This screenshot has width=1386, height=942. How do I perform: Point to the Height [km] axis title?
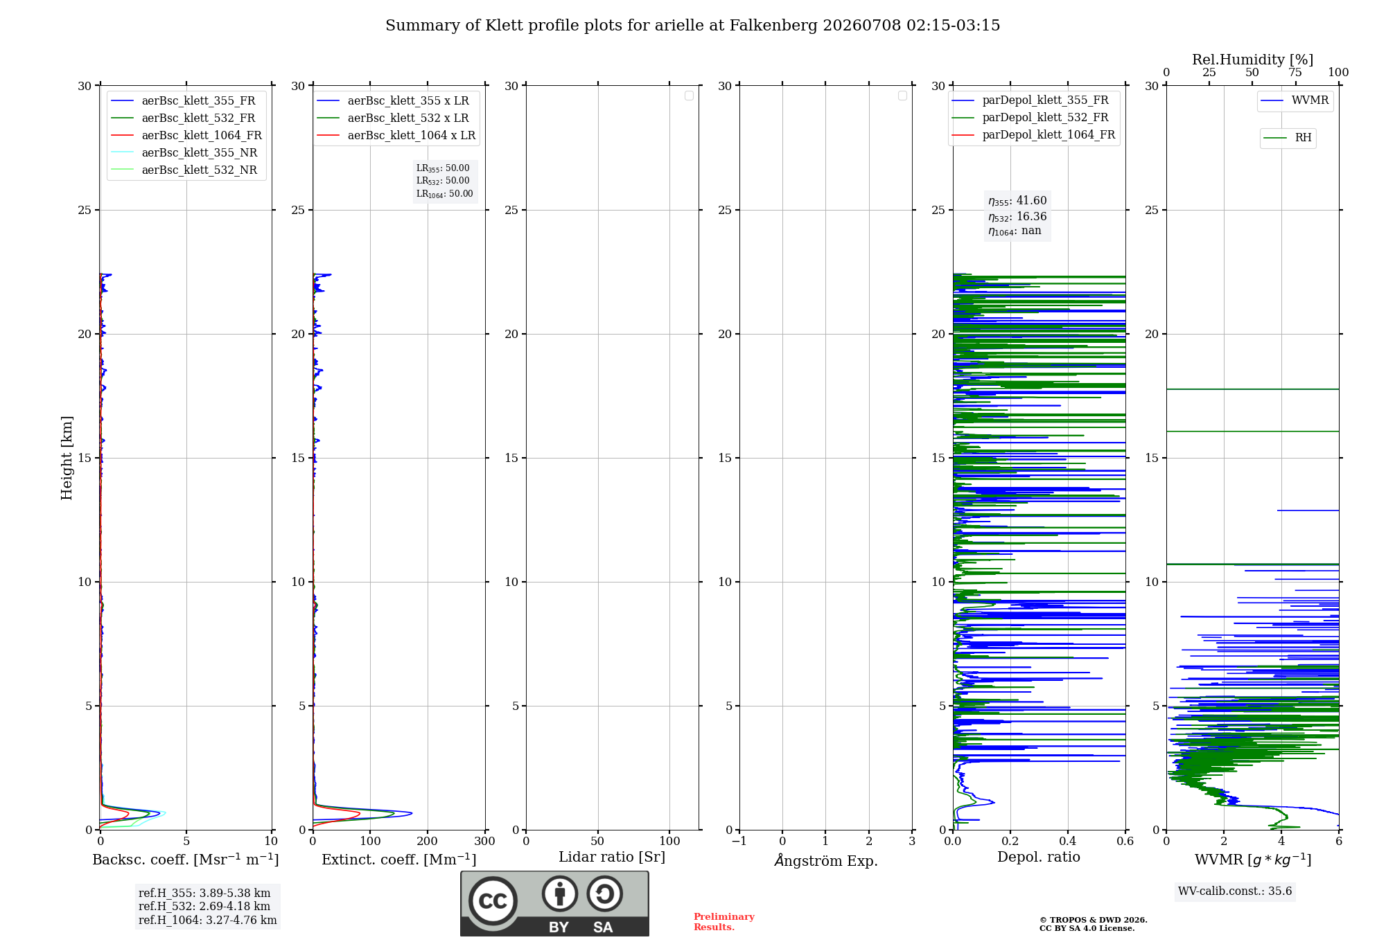point(67,458)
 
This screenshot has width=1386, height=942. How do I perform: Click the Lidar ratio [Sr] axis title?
point(612,857)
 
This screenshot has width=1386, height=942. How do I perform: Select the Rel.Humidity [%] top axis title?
point(1253,60)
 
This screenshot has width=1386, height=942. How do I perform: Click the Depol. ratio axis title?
point(1039,857)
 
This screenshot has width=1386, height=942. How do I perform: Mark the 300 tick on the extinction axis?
point(485,841)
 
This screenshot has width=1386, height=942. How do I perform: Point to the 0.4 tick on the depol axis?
point(1068,841)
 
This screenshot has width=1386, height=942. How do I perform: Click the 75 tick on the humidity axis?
point(1295,72)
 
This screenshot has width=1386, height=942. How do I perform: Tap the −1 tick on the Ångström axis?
point(739,841)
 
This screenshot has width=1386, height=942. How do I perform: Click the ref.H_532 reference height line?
point(204,906)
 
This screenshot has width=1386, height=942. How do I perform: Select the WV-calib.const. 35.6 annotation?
point(1235,891)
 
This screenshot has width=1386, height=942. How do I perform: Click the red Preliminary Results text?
point(724,922)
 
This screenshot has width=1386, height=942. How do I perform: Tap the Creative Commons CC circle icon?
point(493,901)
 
